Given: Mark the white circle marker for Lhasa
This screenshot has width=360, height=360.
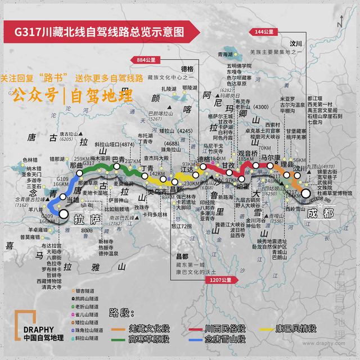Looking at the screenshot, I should [64, 214].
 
